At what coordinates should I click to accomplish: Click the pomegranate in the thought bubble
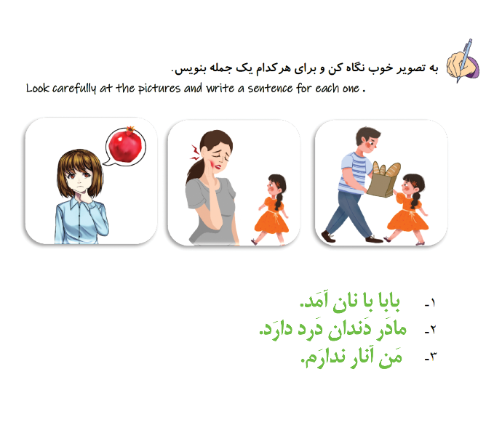(125, 145)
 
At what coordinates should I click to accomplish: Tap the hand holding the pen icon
(463, 62)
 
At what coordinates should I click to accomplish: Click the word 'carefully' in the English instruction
(74, 88)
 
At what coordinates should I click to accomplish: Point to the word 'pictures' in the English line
(159, 89)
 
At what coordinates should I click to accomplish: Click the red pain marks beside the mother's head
(195, 153)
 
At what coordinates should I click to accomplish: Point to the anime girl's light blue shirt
(81, 222)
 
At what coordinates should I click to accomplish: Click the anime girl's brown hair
(79, 169)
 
